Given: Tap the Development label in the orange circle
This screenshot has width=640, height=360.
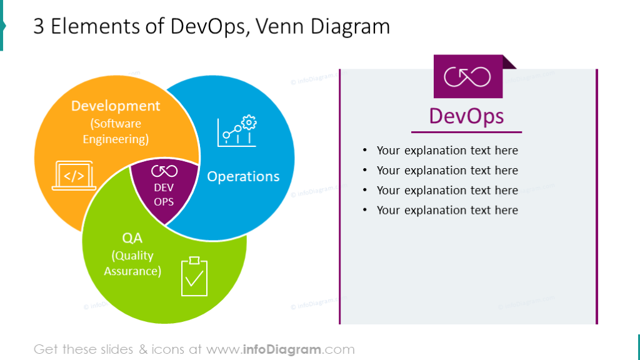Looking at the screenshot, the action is pos(116,106).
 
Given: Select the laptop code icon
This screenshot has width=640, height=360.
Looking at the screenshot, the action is pos(74,176).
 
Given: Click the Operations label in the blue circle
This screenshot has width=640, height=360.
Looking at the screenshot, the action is pos(243,176).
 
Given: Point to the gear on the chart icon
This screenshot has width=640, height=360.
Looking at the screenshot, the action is pos(249,122).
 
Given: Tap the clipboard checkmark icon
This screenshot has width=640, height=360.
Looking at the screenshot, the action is pos(194,276).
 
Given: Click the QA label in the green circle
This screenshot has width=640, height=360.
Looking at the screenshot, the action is pos(132,238).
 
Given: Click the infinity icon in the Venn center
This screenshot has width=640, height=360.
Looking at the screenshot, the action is pos(164,171).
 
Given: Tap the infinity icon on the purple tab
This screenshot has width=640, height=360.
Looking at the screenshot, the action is pos(467,77).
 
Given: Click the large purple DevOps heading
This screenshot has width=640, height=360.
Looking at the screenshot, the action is pos(466,116).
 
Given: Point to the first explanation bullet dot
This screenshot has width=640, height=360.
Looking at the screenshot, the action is pos(365,150).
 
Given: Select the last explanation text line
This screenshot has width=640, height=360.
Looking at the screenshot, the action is pos(447,210).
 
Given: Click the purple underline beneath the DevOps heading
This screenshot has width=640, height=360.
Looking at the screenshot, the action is pos(466,132).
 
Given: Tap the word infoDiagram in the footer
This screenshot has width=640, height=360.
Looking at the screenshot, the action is pos(282,349).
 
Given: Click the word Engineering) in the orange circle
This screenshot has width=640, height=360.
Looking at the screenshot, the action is pos(116,139).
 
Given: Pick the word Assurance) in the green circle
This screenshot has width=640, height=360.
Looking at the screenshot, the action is pos(132,271).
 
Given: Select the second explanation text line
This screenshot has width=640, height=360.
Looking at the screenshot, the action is pos(447,170).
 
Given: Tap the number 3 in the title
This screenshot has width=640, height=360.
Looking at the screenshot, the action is pos(38,26).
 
